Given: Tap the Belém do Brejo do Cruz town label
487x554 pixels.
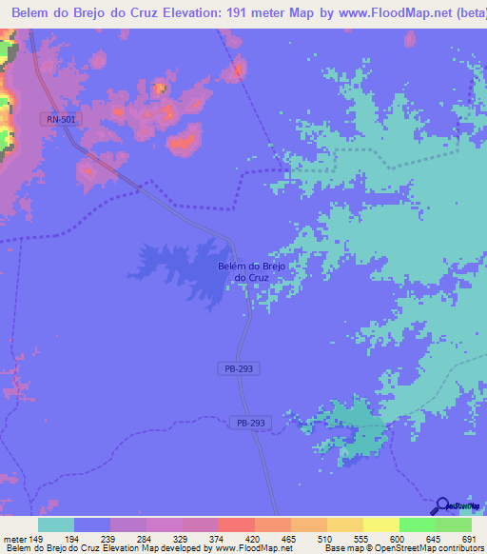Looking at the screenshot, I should point(251,271).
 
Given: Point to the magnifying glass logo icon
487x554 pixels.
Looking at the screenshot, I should point(441,506).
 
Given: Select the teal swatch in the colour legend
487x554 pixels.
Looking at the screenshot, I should point(56,524).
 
